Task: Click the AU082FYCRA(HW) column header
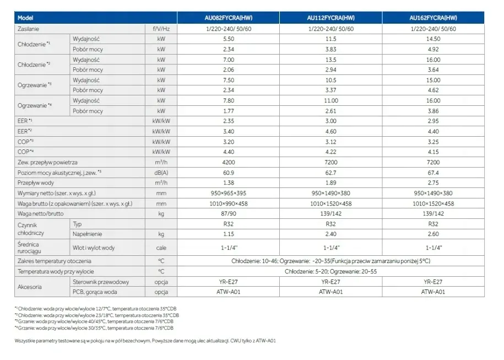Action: coord(228,18)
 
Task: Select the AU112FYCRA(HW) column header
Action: coord(330,18)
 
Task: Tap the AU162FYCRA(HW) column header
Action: coord(433,18)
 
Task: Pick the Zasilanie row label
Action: coord(28,29)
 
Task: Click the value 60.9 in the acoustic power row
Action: coord(229,173)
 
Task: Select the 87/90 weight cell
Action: coord(229,213)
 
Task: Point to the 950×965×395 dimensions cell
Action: coord(229,194)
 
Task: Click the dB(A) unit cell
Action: coord(161,173)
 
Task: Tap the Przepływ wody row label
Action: coord(36,182)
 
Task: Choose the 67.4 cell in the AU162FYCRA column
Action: coord(433,173)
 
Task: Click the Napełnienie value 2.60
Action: coord(433,234)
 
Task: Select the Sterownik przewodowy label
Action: coord(101,282)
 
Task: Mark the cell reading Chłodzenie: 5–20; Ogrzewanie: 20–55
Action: coord(330,272)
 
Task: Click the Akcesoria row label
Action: coord(30,287)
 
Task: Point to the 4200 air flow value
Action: coord(229,163)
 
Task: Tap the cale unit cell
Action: coord(161,248)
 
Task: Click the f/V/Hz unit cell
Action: coord(161,29)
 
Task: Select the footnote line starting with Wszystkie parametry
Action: coord(145,341)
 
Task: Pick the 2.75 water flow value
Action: coord(433,182)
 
